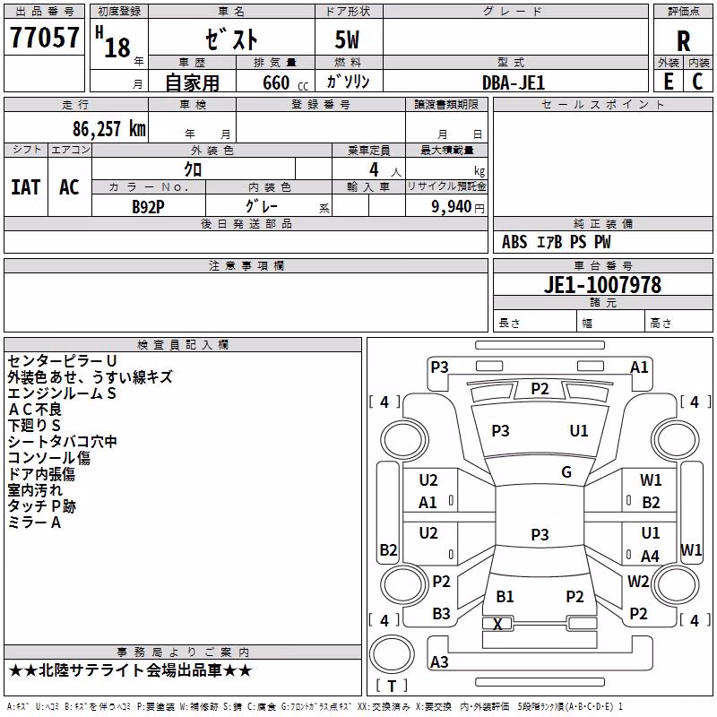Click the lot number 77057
click(x=44, y=38)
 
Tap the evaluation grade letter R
click(x=683, y=41)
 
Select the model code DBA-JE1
click(x=514, y=82)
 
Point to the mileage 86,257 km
click(x=109, y=129)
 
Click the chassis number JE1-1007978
click(x=602, y=285)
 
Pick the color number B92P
click(x=148, y=207)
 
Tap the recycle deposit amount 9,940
click(x=452, y=207)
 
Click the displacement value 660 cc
click(x=285, y=82)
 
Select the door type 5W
click(x=347, y=39)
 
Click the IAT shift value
click(x=26, y=187)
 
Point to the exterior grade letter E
click(x=669, y=82)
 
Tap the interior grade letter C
click(x=697, y=82)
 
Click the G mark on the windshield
click(x=566, y=472)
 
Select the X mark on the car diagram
click(x=497, y=624)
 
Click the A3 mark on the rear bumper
click(x=439, y=661)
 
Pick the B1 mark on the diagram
click(x=505, y=597)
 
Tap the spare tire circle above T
click(x=392, y=654)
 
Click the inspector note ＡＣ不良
click(x=35, y=410)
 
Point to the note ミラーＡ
click(x=34, y=523)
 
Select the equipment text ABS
click(x=514, y=242)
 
